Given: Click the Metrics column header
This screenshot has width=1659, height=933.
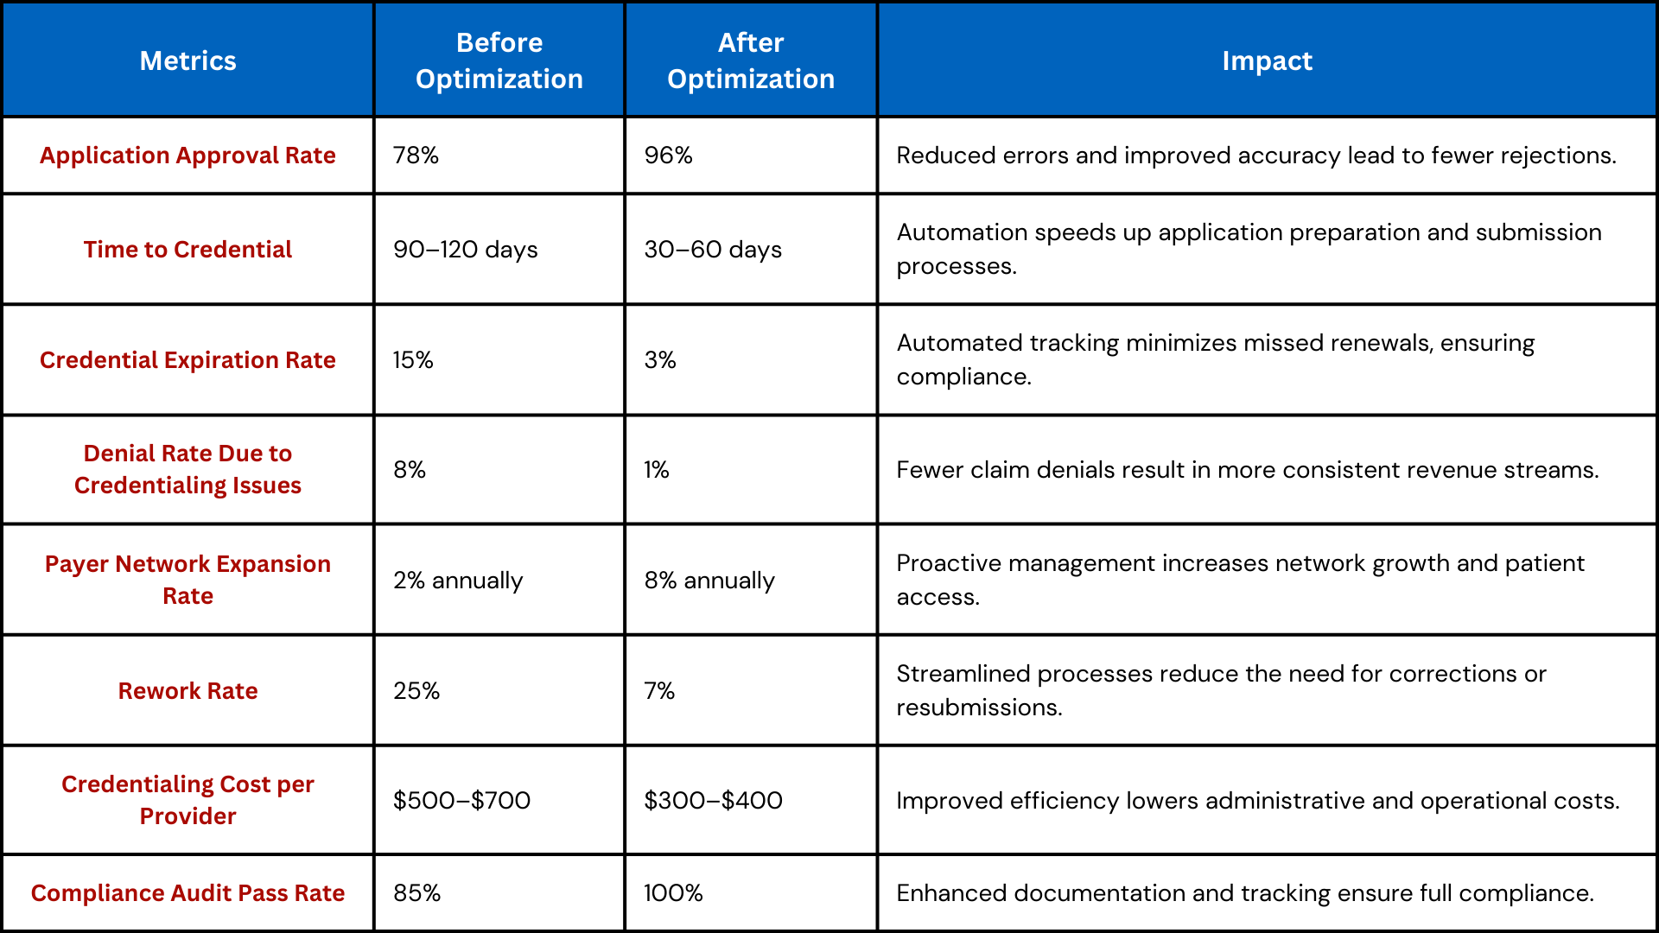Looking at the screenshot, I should (x=188, y=60).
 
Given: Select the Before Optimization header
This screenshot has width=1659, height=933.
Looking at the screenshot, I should (x=499, y=60).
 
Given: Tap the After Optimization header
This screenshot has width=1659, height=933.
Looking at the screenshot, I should (x=751, y=60).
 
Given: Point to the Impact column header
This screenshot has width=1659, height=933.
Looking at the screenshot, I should (x=1267, y=60).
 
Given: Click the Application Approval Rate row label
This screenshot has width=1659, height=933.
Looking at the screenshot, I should (x=188, y=155).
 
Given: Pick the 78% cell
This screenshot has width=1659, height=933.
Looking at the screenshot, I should (x=416, y=155).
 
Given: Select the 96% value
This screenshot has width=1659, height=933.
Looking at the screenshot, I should (x=668, y=155).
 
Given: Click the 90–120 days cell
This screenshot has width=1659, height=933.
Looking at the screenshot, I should (x=465, y=250).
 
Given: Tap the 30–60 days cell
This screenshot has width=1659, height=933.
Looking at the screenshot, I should (x=713, y=250).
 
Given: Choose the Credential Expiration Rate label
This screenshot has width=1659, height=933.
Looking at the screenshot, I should (x=188, y=360).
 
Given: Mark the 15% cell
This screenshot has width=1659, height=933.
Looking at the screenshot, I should (x=413, y=360).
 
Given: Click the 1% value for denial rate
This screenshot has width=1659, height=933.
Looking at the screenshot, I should (x=657, y=470).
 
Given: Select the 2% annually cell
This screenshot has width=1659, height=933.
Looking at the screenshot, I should (x=458, y=581).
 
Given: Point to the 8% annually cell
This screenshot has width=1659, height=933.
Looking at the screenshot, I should (x=709, y=581).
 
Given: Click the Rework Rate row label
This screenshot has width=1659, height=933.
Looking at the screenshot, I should (x=188, y=691).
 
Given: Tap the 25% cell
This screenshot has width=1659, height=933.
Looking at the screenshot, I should (x=416, y=691).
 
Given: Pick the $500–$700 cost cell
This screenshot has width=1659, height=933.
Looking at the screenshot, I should (x=461, y=801).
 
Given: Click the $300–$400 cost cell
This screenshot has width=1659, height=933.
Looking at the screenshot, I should (x=713, y=801).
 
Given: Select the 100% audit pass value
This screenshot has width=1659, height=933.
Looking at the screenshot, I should (x=673, y=893).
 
